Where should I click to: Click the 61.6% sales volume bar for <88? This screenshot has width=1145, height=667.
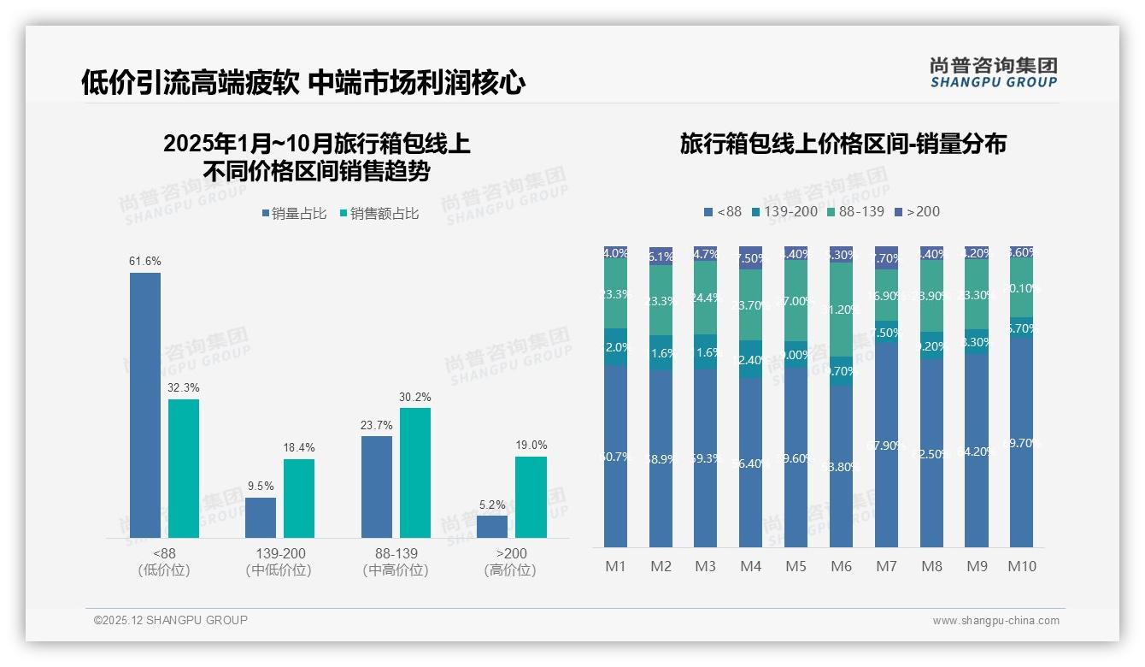[x=145, y=405]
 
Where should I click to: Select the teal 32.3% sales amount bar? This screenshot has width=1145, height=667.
[x=184, y=469]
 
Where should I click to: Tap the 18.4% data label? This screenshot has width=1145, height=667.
[x=299, y=447]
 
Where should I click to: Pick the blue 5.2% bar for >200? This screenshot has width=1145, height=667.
[x=492, y=527]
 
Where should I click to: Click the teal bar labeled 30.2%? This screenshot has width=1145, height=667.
[x=415, y=473]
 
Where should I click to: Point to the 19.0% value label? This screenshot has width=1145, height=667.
[x=531, y=445]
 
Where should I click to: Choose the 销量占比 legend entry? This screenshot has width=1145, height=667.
[x=295, y=214]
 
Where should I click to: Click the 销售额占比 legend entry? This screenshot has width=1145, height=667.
[x=379, y=214]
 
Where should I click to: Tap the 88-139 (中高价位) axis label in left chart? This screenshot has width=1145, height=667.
[x=396, y=562]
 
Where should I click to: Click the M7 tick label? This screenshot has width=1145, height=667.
[x=886, y=566]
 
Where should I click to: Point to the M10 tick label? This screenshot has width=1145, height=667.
[x=1021, y=566]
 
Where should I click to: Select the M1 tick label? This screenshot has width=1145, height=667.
[x=616, y=566]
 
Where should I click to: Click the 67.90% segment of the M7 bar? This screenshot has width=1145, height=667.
[x=886, y=445]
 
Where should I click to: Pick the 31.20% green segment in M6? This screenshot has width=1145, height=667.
[x=841, y=310]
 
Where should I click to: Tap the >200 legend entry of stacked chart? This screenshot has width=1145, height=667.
[x=917, y=211]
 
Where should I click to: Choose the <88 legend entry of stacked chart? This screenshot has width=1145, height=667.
[x=723, y=211]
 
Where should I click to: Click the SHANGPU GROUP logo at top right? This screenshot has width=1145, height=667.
[x=994, y=72]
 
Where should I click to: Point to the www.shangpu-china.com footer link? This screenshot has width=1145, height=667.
[x=995, y=621]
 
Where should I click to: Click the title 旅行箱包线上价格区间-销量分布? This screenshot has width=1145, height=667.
[x=843, y=144]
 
